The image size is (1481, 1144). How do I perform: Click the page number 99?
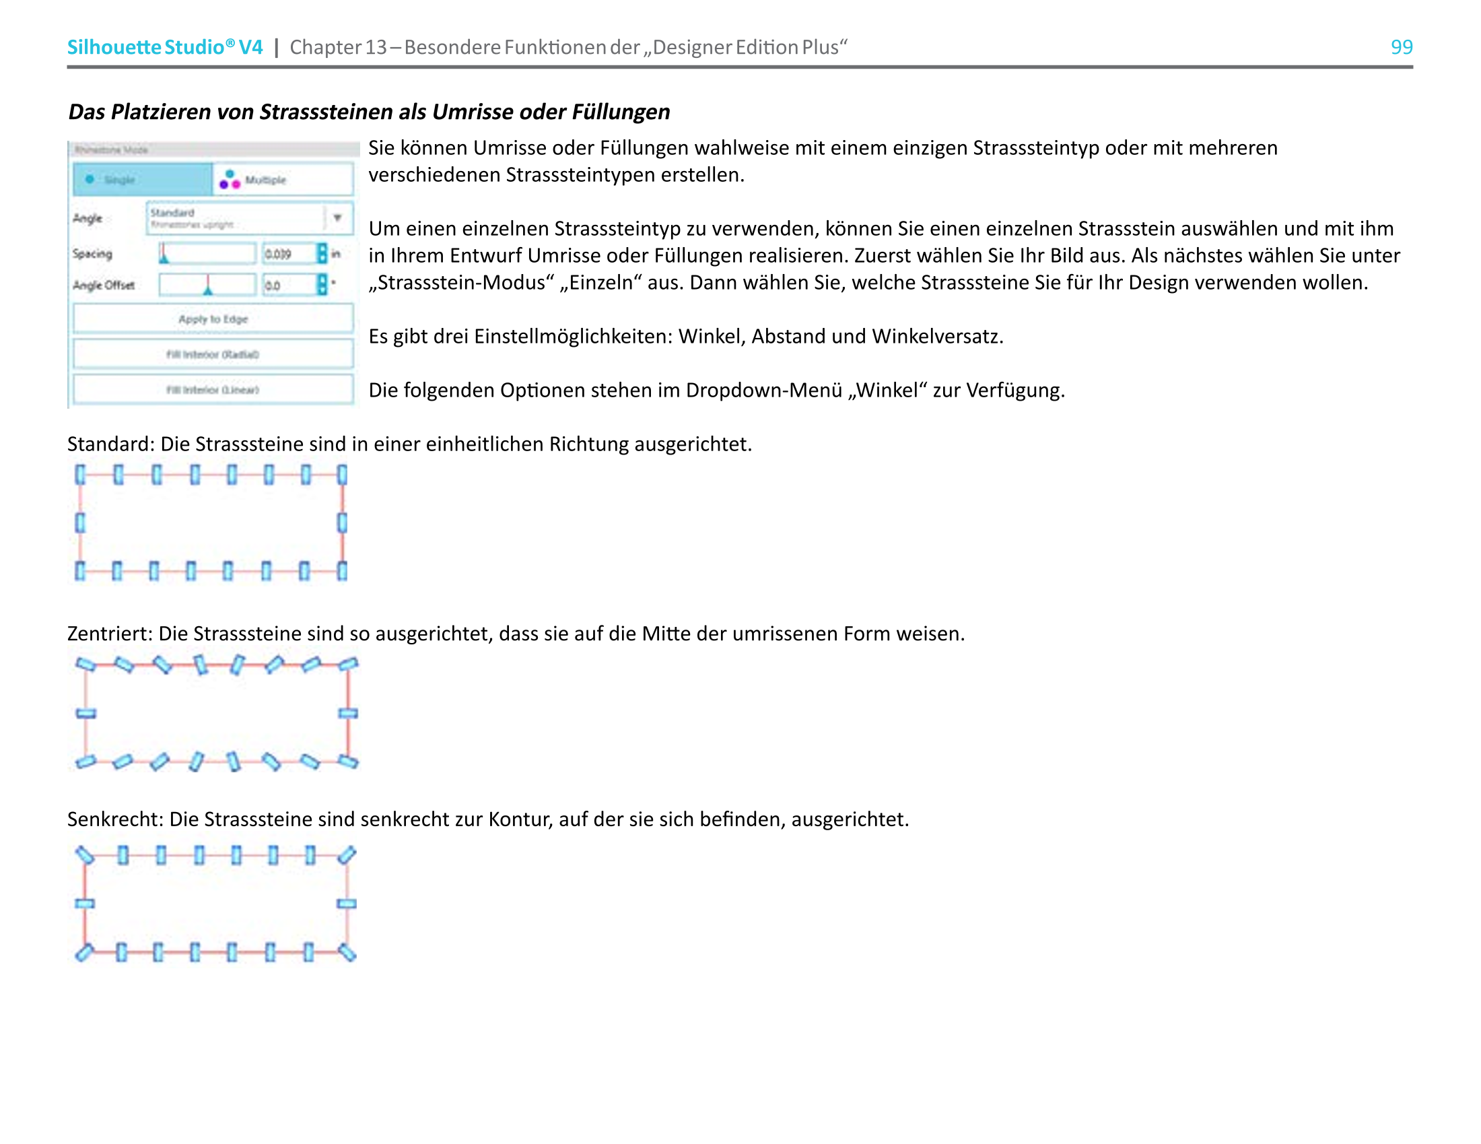coord(1401,46)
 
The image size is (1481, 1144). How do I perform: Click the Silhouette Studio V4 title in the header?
coord(165,46)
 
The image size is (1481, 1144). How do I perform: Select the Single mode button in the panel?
coord(143,180)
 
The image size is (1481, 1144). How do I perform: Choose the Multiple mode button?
coord(283,180)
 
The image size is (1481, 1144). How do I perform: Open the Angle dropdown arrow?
coord(338,217)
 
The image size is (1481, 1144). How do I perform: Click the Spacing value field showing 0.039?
coord(287,254)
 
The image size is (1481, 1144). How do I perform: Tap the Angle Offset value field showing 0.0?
coord(287,285)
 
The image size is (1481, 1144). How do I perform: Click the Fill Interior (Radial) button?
coord(213,354)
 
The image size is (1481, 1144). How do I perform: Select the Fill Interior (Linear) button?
coord(213,390)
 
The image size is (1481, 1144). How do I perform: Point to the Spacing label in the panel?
coord(92,254)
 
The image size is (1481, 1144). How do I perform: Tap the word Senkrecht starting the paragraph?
coord(115,820)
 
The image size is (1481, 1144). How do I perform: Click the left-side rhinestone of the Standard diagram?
coord(80,523)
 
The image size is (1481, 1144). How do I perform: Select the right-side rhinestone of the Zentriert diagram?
coord(348,713)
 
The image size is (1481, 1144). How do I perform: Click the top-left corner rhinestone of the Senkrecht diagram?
coord(85,855)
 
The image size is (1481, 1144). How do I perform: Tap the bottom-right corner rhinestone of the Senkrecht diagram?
coord(347,953)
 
